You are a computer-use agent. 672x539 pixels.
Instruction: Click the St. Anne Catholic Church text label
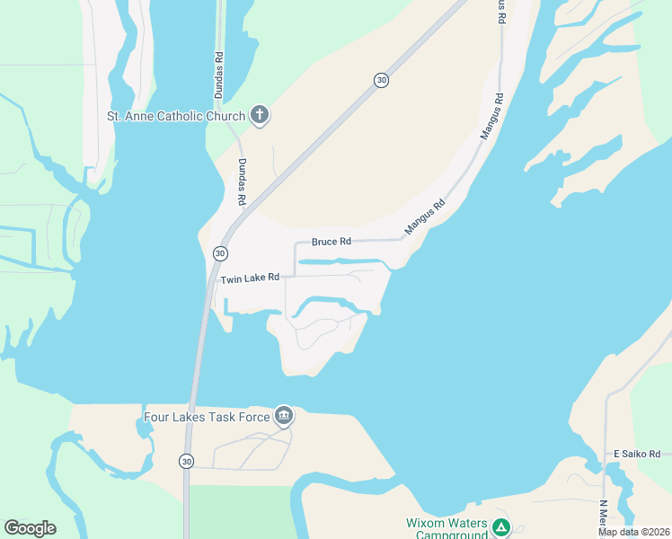click(x=175, y=116)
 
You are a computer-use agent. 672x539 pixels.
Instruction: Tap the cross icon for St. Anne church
click(x=260, y=114)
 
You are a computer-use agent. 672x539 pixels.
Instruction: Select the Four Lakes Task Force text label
click(x=207, y=417)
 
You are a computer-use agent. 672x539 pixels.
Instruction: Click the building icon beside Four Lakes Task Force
click(x=284, y=415)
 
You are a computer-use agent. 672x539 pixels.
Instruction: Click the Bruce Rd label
click(x=331, y=242)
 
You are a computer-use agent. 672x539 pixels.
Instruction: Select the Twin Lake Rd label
click(x=250, y=278)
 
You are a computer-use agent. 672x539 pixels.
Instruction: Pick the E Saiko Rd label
click(x=636, y=454)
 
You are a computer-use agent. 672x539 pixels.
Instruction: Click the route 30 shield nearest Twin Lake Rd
click(x=220, y=254)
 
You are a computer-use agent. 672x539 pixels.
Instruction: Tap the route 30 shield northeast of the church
click(x=382, y=81)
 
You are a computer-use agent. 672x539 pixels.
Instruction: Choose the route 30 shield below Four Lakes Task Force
click(x=186, y=461)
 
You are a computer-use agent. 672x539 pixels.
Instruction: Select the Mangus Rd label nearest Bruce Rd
click(x=425, y=217)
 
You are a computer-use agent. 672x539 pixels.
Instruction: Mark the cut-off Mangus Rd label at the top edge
click(x=501, y=13)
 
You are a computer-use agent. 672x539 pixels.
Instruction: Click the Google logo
click(x=30, y=528)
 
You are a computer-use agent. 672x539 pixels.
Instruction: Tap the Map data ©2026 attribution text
click(x=632, y=532)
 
